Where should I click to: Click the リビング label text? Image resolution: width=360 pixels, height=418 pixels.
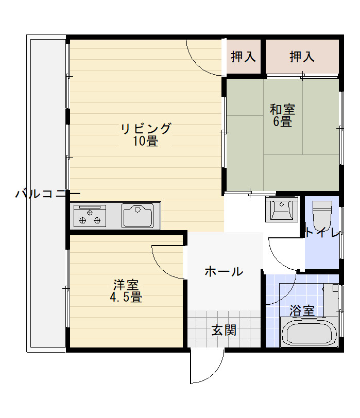tap(146, 129)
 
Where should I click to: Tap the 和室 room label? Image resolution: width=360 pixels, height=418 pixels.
tap(282, 109)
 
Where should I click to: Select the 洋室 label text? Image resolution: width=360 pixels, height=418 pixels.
tap(126, 285)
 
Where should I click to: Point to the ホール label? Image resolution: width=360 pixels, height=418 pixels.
tap(224, 271)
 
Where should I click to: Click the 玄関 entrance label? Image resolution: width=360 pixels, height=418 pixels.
tap(224, 330)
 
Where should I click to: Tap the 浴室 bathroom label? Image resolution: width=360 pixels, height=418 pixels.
tap(302, 310)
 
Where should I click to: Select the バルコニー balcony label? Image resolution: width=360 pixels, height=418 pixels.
tap(48, 194)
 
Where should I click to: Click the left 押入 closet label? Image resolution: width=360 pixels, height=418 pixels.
tap(243, 57)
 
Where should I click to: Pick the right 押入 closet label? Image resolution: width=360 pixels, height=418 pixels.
tap(302, 57)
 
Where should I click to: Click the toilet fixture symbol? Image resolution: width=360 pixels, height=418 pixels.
tap(322, 215)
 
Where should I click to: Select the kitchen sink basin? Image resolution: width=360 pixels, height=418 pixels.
tap(138, 216)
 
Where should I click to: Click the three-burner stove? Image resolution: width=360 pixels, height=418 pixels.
tap(90, 216)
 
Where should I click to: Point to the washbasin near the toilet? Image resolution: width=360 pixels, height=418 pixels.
tap(282, 210)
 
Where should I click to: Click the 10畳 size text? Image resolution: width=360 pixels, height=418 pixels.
tap(146, 141)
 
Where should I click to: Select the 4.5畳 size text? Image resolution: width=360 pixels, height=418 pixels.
tap(126, 297)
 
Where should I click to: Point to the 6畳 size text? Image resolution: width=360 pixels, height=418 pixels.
tap(282, 121)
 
